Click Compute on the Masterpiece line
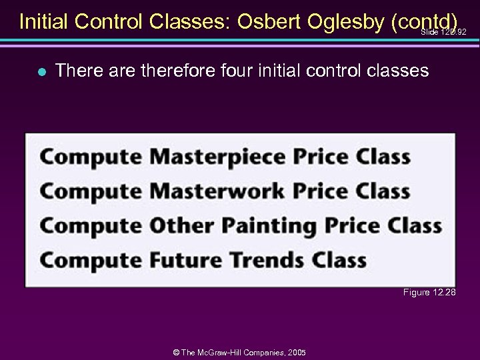pos(91,157)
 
